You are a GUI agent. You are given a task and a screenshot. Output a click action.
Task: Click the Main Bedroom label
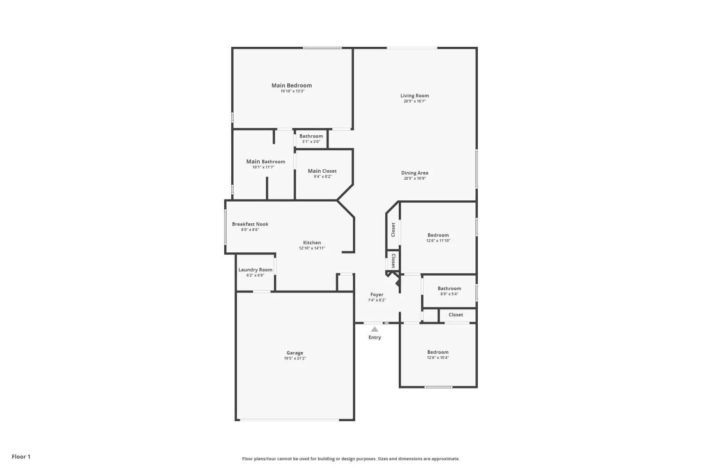[292, 85]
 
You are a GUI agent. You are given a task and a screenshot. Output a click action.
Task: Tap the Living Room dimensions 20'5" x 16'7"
[415, 101]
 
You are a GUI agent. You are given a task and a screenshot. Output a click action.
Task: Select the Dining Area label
[415, 173]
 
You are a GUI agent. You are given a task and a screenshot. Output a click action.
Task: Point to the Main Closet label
[322, 171]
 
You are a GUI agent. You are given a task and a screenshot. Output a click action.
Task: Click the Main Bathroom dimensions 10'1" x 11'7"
[263, 168]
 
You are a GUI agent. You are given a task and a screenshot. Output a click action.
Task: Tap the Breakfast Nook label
[250, 224]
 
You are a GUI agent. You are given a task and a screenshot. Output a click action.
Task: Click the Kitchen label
[312, 242]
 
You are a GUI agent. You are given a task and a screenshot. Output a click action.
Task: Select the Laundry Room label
[255, 270]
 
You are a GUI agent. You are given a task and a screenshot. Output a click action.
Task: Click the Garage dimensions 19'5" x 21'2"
[295, 358]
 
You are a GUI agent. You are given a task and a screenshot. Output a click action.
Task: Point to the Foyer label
[377, 295]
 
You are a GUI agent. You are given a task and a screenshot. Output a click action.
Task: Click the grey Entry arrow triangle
[374, 329]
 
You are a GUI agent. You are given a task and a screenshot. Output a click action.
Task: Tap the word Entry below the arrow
[374, 337]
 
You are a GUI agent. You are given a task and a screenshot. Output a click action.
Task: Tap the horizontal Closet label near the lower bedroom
[456, 314]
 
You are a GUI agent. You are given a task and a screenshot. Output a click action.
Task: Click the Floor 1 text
[21, 457]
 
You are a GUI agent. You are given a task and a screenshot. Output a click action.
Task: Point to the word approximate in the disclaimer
[446, 459]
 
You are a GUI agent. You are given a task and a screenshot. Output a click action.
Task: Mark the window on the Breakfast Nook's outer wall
[225, 227]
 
